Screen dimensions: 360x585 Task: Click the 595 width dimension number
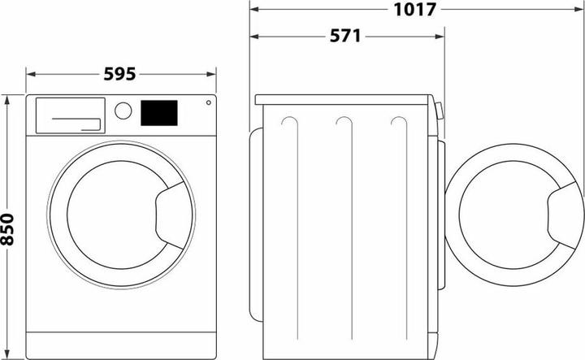tap(121, 74)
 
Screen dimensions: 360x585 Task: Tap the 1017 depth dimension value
tap(415, 10)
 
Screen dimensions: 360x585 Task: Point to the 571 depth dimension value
tap(346, 37)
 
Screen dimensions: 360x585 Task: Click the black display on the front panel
tap(159, 113)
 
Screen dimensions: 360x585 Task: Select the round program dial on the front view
tap(123, 111)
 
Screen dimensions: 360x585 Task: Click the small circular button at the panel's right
tap(209, 103)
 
